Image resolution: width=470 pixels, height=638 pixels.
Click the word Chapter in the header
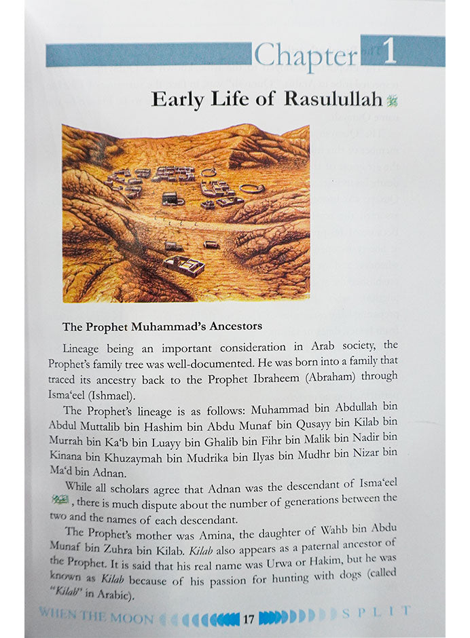(x=306, y=56)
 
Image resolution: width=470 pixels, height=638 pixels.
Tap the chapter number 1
(x=390, y=53)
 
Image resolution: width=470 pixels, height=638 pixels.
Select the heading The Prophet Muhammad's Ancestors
(x=162, y=326)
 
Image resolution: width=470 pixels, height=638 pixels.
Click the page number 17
(x=249, y=618)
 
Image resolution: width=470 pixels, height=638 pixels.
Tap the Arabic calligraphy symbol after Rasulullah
(x=391, y=100)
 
